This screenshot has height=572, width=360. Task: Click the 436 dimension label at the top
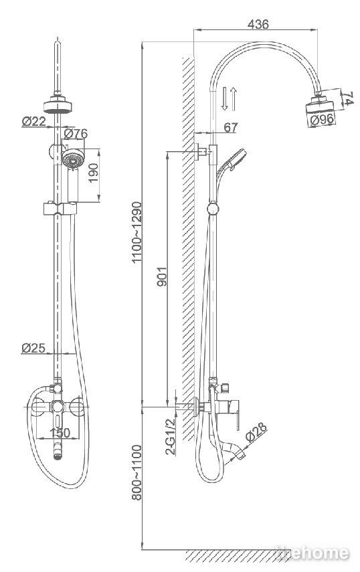(x=258, y=24)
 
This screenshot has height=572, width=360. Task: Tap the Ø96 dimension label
(x=322, y=119)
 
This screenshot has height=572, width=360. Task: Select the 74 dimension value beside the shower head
(x=349, y=98)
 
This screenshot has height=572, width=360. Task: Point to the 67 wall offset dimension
(x=230, y=127)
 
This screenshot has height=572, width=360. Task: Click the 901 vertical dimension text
(x=162, y=276)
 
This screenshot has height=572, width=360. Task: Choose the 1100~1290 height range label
(x=137, y=232)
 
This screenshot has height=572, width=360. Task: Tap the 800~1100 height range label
(x=137, y=472)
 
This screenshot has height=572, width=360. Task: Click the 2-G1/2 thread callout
(x=171, y=437)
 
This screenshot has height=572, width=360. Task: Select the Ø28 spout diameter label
(x=256, y=432)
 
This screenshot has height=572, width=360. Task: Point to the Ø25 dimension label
(x=33, y=348)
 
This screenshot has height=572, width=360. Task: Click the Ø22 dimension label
(x=34, y=121)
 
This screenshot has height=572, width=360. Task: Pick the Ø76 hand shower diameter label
(x=76, y=134)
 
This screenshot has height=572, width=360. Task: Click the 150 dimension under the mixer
(x=60, y=433)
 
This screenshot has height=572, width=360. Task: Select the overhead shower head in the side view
(x=319, y=105)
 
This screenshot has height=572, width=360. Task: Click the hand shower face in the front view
(x=74, y=159)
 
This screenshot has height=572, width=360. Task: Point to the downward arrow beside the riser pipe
(x=224, y=98)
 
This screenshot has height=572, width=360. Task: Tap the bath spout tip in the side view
(x=240, y=455)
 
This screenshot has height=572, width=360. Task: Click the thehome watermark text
(x=312, y=553)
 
